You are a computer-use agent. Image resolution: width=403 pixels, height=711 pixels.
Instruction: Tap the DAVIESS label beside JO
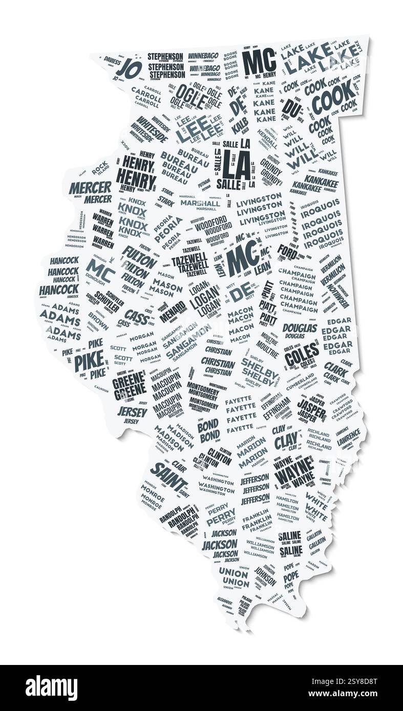pos(112,61)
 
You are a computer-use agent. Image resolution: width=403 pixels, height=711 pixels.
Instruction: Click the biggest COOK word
pos(333,97)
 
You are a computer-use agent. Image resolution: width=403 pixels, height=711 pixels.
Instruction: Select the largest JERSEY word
pos(132,411)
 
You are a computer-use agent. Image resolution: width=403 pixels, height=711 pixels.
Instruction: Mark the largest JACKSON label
pos(220,545)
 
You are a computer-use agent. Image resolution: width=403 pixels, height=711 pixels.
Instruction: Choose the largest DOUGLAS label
pos(300,328)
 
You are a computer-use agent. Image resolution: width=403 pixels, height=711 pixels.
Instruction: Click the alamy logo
pos(51,688)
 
